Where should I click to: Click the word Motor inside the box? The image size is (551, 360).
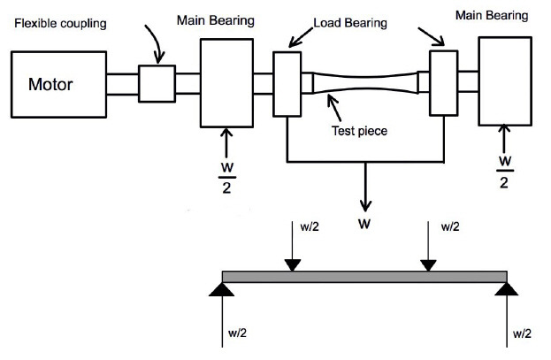point(50,84)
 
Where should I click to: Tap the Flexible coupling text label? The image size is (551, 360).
point(60,24)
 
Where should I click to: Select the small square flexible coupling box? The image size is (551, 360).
point(157,84)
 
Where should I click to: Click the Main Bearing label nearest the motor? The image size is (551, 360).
point(216,20)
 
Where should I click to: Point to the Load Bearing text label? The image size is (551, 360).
point(350,23)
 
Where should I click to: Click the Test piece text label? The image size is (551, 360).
point(359,131)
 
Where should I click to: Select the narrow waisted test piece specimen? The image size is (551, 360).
point(365,82)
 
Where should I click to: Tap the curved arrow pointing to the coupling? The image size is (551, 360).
point(157,43)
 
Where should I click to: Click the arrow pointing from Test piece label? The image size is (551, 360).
point(334,108)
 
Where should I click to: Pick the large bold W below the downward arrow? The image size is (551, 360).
point(364,224)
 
